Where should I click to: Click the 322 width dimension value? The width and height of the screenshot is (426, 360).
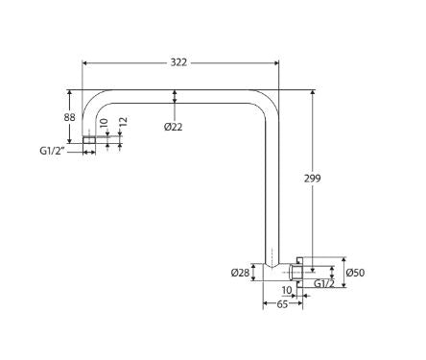click(178, 62)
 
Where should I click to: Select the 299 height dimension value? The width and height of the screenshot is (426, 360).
click(312, 179)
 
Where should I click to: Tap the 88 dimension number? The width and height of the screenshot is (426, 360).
click(69, 117)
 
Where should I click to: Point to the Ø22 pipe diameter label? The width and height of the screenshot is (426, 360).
click(174, 127)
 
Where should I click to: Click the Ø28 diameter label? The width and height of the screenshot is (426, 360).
click(240, 273)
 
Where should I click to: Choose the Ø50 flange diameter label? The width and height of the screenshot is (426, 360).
click(355, 273)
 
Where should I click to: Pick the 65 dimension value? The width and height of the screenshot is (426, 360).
click(282, 304)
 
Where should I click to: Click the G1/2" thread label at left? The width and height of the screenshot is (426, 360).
click(53, 151)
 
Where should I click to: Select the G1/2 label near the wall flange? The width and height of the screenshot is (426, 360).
click(324, 283)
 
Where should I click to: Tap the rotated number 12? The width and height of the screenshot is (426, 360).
click(124, 122)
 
